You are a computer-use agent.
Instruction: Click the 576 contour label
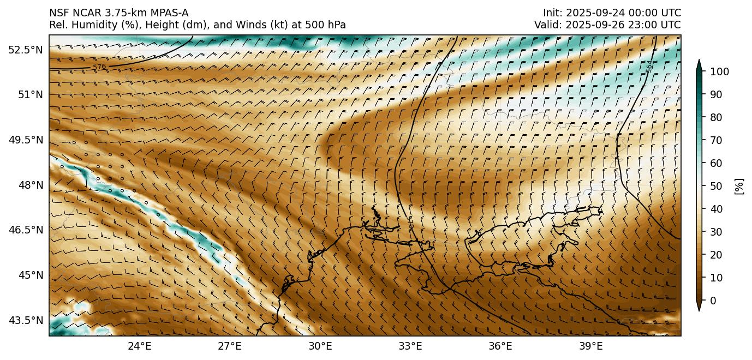[x=99, y=67]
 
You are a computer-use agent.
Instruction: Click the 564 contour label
[x=649, y=66]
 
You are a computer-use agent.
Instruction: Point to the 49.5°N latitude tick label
[x=26, y=140]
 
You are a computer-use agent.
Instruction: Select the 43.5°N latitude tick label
[x=26, y=320]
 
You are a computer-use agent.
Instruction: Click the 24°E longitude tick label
[x=140, y=346]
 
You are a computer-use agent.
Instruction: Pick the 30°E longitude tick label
[x=320, y=346]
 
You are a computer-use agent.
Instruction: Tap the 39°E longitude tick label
[x=590, y=346]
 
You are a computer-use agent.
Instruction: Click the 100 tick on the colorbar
[x=719, y=71]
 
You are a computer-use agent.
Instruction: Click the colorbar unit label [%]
[x=739, y=186]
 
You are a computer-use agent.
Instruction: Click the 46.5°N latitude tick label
[x=26, y=230]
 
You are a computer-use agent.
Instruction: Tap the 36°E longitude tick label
[x=500, y=346]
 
